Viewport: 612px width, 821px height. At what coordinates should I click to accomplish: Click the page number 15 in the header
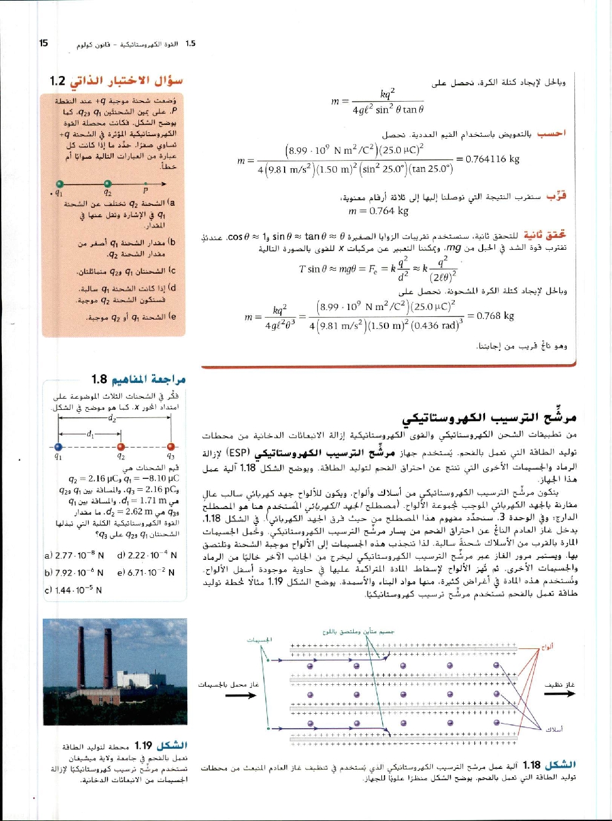(43, 43)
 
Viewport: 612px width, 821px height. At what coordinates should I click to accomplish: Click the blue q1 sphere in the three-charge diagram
(58, 447)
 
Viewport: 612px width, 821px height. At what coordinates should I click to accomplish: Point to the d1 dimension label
(90, 432)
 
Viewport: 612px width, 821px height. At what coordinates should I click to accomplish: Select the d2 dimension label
(112, 418)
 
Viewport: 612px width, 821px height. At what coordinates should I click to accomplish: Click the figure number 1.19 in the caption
(143, 746)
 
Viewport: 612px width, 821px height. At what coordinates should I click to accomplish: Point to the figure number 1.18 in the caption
(532, 765)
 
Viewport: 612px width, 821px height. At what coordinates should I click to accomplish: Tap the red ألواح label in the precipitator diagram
(547, 647)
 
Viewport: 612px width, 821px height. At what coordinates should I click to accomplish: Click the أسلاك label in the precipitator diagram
(554, 729)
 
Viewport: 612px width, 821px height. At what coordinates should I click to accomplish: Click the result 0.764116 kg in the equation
(488, 159)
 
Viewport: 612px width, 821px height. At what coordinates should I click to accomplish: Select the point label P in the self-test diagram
(145, 190)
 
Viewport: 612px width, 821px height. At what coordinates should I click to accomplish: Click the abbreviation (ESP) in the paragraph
(237, 452)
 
